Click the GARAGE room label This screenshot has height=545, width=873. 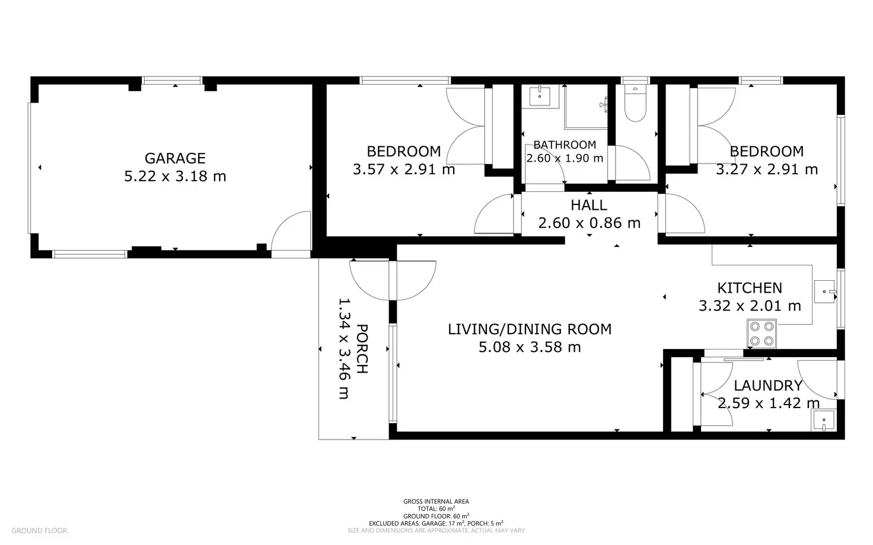(x=175, y=158)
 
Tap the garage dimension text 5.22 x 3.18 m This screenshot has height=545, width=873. (x=175, y=177)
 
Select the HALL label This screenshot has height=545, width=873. (x=589, y=205)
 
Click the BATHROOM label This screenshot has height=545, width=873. (x=565, y=145)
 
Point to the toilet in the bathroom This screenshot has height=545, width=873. (x=635, y=102)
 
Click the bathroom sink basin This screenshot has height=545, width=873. (x=540, y=96)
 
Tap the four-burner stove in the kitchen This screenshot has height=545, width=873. (x=762, y=334)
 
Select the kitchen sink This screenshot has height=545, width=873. (x=825, y=291)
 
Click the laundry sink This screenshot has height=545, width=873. (x=824, y=421)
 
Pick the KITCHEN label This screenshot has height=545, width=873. (x=750, y=288)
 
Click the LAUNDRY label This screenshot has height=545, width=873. (x=768, y=386)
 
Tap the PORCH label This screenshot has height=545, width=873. (x=362, y=349)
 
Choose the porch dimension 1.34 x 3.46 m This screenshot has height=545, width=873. (x=344, y=349)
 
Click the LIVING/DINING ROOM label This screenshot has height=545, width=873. (x=530, y=329)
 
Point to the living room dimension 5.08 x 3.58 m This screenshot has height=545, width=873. (x=530, y=347)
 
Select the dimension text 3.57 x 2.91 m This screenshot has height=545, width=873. (x=404, y=169)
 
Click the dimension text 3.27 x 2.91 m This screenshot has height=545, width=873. (x=767, y=169)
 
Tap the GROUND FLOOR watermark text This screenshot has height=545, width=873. (x=39, y=531)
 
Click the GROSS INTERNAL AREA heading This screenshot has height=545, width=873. (x=436, y=501)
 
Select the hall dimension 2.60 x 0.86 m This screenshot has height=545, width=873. (x=590, y=223)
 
